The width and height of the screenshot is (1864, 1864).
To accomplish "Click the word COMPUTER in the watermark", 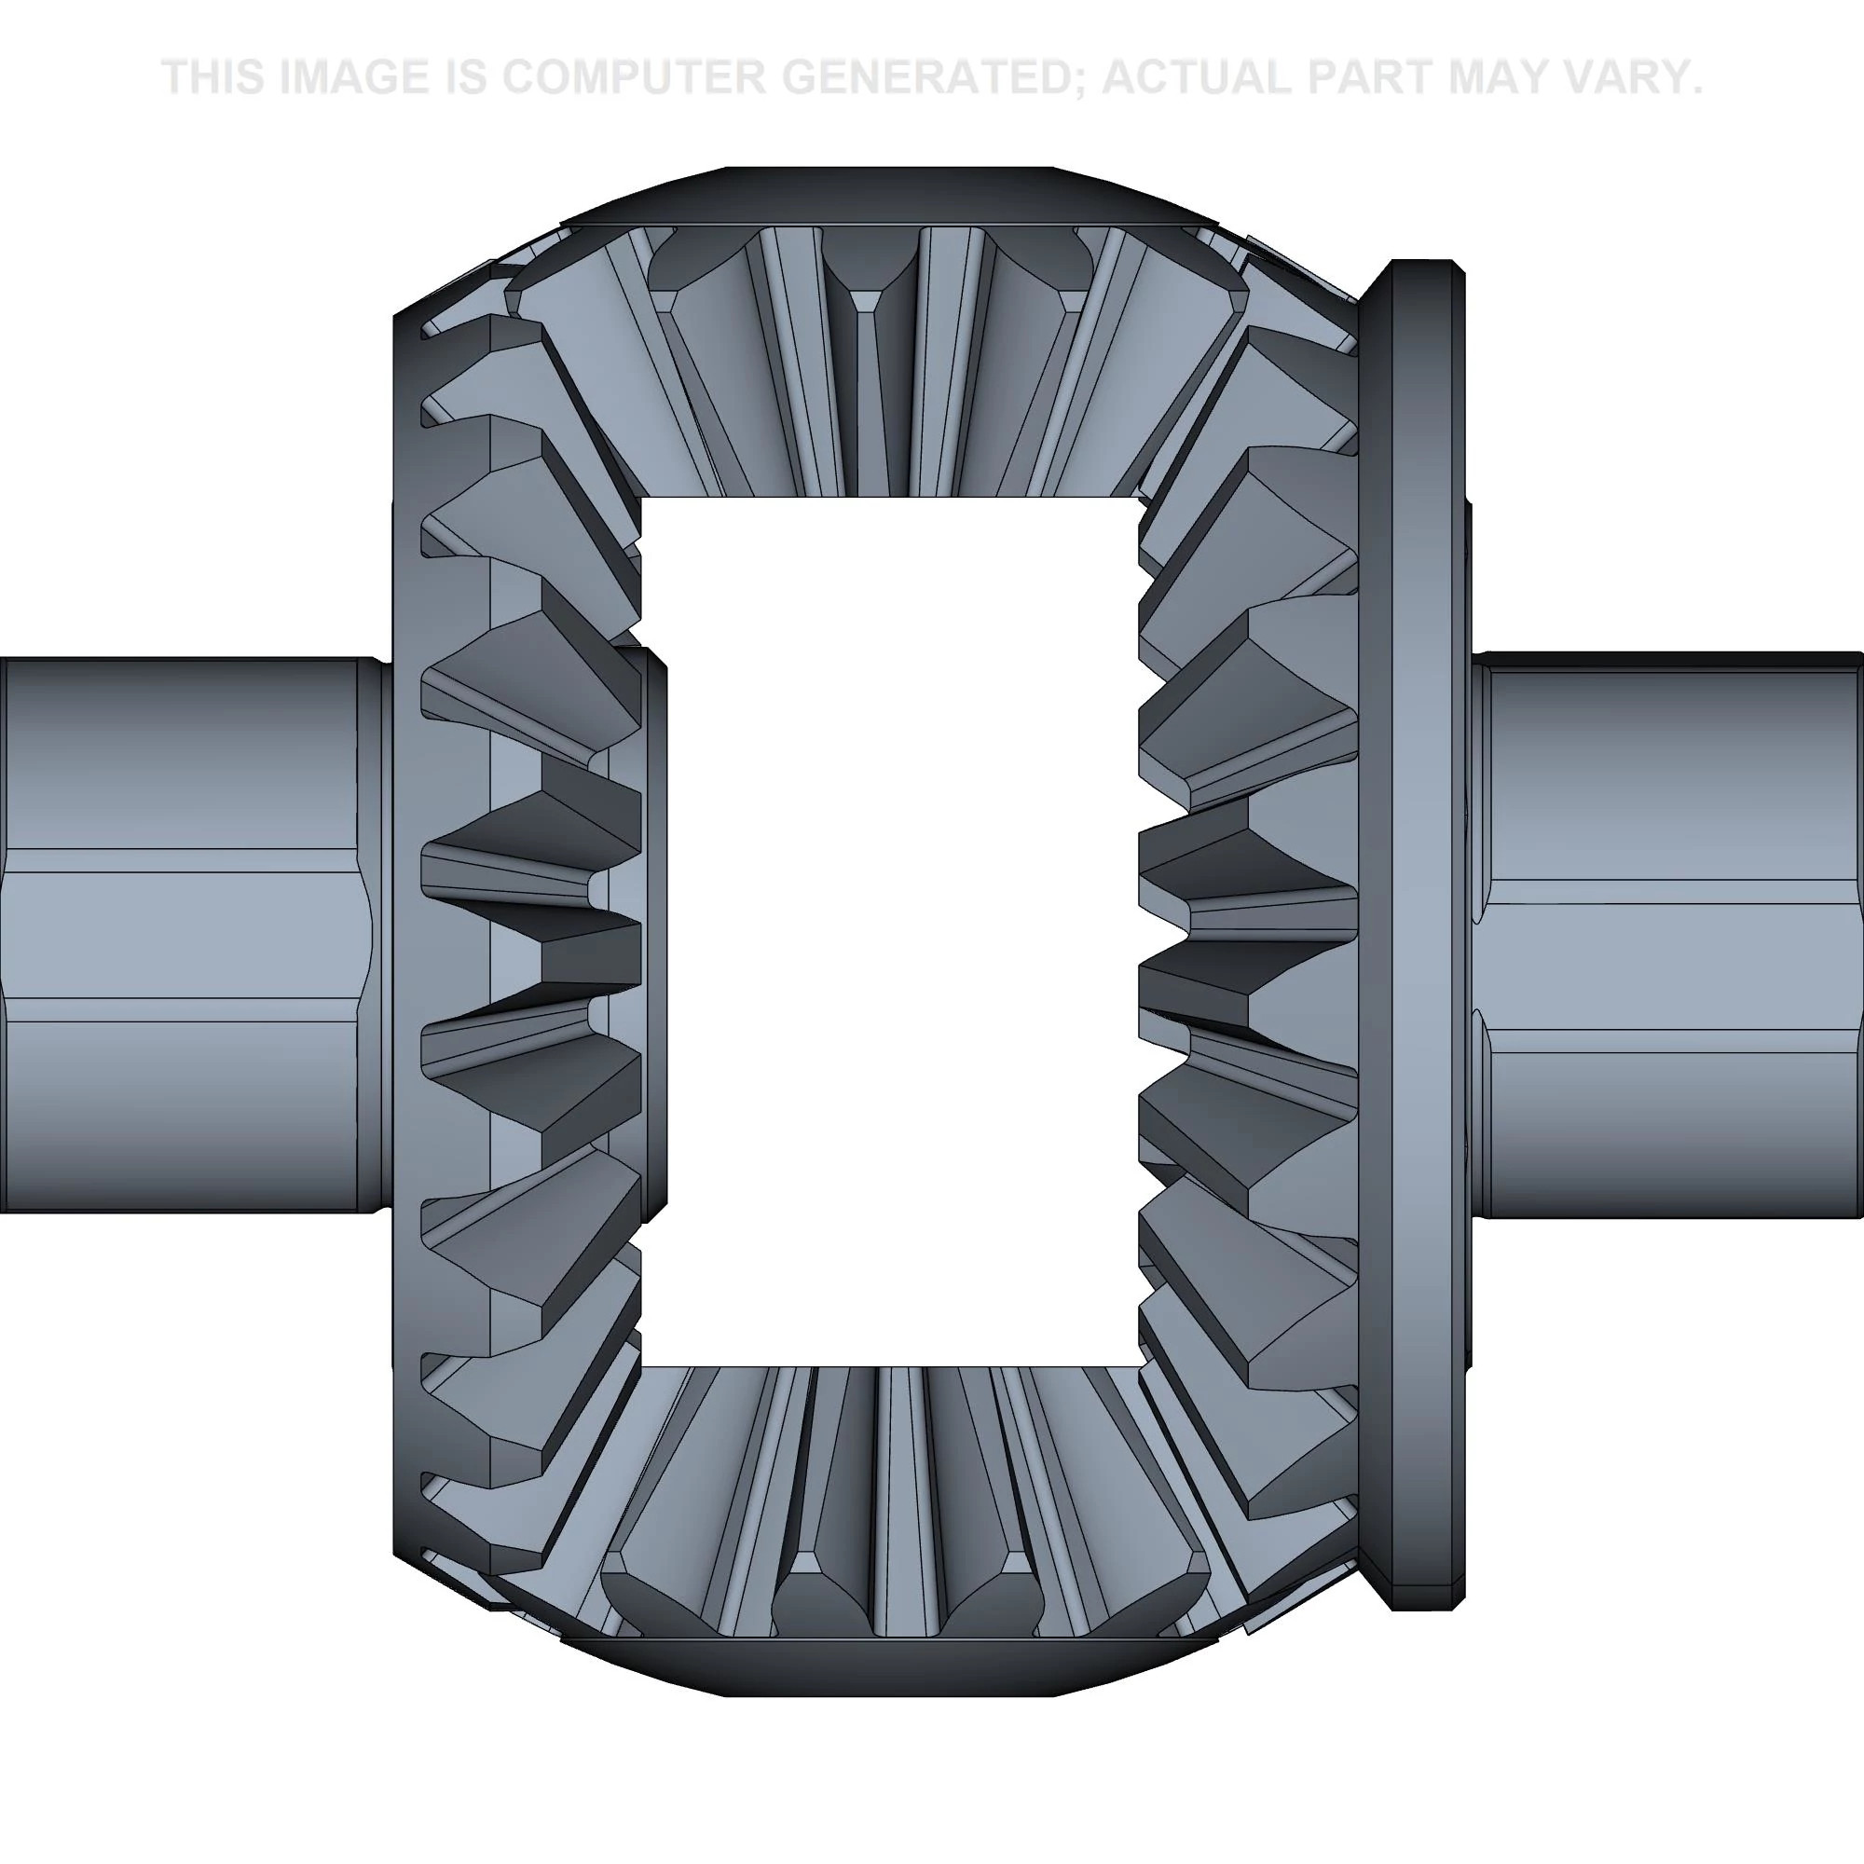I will (632, 77).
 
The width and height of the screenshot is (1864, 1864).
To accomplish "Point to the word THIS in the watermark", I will (214, 77).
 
